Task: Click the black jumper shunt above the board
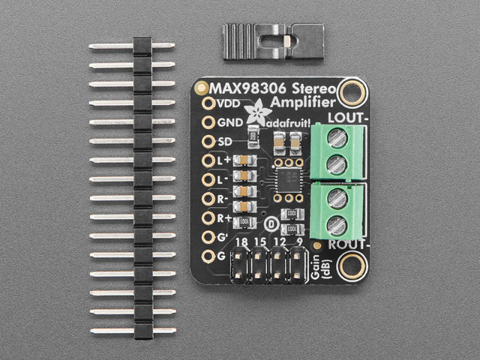pyautogui.click(x=273, y=41)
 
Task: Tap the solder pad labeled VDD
pyautogui.click(x=208, y=103)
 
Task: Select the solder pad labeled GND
pyautogui.click(x=208, y=122)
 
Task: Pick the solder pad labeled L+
pyautogui.click(x=208, y=160)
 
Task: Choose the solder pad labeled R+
pyautogui.click(x=208, y=218)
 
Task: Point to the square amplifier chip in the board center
pyautogui.click(x=286, y=180)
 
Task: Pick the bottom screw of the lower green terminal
pyautogui.click(x=337, y=223)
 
